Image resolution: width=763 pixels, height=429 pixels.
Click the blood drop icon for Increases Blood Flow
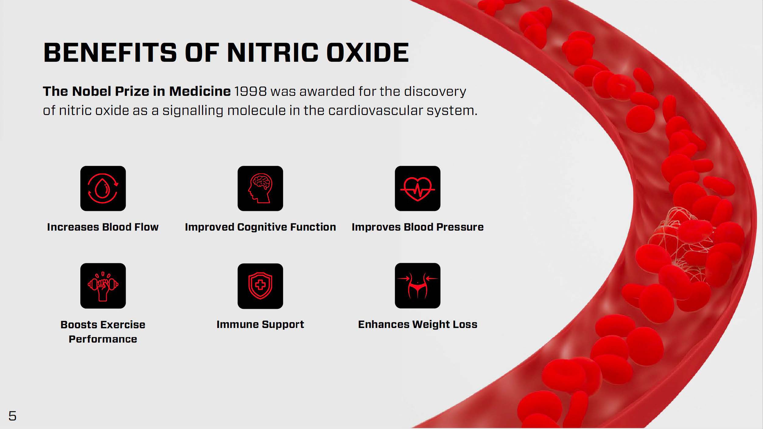103,188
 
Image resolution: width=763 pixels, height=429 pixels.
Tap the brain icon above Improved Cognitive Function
260,188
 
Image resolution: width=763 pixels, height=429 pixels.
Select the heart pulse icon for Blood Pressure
418,188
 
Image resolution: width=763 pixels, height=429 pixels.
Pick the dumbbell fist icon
103,286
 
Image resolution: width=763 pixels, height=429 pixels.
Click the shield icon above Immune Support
260,286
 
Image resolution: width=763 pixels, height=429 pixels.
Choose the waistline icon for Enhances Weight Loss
418,286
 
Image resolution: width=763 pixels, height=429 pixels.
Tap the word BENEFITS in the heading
110,52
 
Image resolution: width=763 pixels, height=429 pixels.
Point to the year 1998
250,91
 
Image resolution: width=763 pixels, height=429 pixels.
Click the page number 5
12,416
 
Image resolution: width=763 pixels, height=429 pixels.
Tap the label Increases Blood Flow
103,227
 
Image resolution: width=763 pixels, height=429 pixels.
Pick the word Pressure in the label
460,227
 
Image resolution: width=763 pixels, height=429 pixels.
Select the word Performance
103,339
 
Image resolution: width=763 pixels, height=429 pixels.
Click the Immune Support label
260,325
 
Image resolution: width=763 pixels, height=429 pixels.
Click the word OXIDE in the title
368,52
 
